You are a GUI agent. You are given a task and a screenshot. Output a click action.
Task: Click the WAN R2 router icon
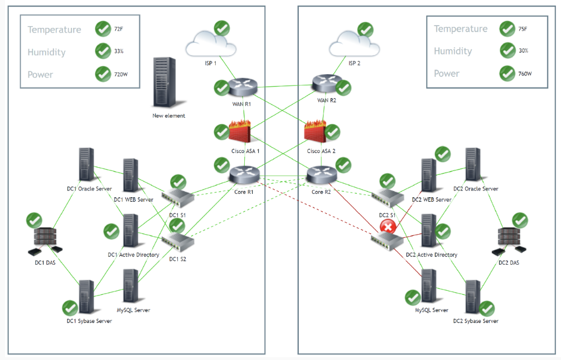point(326,84)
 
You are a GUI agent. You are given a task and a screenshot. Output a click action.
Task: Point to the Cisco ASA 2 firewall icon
point(316,132)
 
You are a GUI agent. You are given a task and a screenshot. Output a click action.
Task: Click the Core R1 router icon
point(245,174)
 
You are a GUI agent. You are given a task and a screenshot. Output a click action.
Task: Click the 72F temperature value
point(118,29)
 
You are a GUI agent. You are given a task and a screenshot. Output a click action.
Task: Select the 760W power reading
point(525,74)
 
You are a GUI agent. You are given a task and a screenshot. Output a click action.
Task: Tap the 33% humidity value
point(119,51)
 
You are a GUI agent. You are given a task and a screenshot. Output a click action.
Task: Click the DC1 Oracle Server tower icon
point(86,165)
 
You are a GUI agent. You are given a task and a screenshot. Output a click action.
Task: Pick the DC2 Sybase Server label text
point(475,321)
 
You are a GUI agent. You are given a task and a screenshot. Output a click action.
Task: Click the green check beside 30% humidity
point(507,51)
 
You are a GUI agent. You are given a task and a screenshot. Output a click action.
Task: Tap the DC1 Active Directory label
point(133,255)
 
